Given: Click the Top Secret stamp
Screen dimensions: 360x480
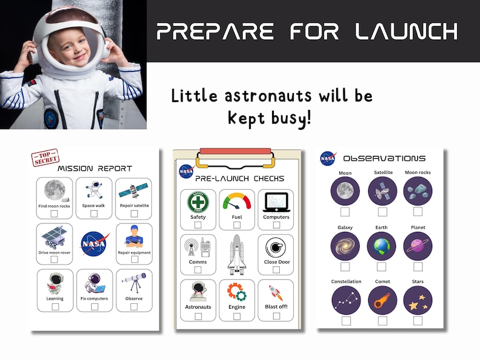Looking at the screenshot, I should (x=45, y=158).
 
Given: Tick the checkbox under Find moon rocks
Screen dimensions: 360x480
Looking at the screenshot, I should (x=54, y=214).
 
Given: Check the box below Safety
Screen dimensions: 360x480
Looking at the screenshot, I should (x=198, y=225).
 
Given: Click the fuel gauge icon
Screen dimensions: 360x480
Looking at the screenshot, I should (x=237, y=202).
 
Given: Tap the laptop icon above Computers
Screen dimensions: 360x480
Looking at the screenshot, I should (x=276, y=202).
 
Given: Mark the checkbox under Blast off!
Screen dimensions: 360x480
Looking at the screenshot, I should (x=276, y=315).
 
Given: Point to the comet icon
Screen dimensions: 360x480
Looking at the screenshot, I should (x=382, y=300).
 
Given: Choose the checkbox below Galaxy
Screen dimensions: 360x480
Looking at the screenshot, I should (x=345, y=266).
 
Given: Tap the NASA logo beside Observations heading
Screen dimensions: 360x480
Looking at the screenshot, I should (x=328, y=158).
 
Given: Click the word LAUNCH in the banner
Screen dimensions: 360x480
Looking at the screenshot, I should (x=407, y=31).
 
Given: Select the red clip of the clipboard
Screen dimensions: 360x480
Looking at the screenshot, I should (x=236, y=151).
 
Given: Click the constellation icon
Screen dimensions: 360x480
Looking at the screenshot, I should (x=345, y=300).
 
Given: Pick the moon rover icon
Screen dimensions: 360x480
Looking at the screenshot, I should (x=54, y=237).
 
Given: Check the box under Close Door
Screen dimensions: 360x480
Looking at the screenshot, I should (x=276, y=271).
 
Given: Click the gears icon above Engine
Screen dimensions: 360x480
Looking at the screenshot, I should (x=236, y=292).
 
